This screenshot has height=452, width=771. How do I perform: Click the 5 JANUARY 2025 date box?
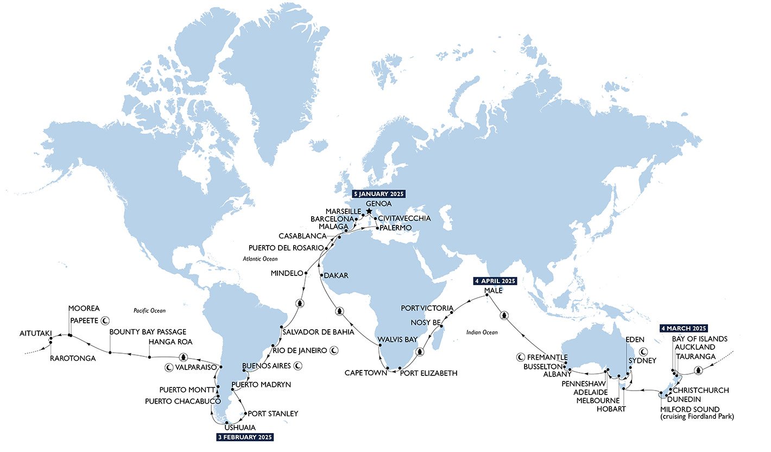coord(378,193)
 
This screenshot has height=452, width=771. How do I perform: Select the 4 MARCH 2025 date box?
coord(684,328)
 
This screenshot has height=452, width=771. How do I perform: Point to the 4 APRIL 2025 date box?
coord(494,281)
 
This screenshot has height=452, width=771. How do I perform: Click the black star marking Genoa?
coord(369,211)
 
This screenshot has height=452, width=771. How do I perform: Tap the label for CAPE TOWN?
coord(365,373)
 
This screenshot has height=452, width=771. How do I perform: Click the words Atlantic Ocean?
coord(260,259)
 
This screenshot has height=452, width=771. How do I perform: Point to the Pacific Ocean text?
coord(149,311)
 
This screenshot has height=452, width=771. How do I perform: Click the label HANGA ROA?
coord(170,342)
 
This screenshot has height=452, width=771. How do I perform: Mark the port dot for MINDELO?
coord(306,273)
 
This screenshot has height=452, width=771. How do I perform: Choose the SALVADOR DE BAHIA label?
coord(318,331)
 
